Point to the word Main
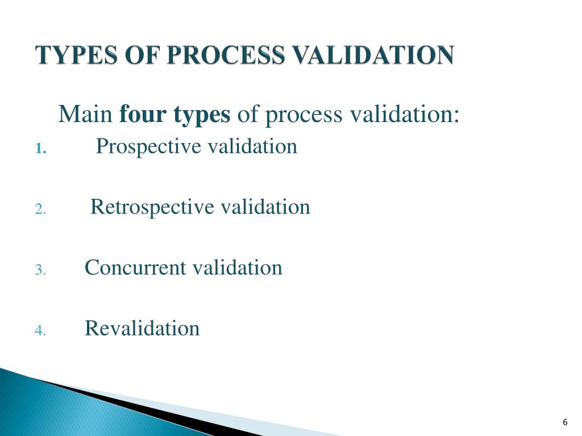[x=86, y=115]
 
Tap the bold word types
[x=202, y=116]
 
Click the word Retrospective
[x=153, y=207]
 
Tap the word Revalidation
[x=142, y=328]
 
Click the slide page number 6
[x=565, y=422]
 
